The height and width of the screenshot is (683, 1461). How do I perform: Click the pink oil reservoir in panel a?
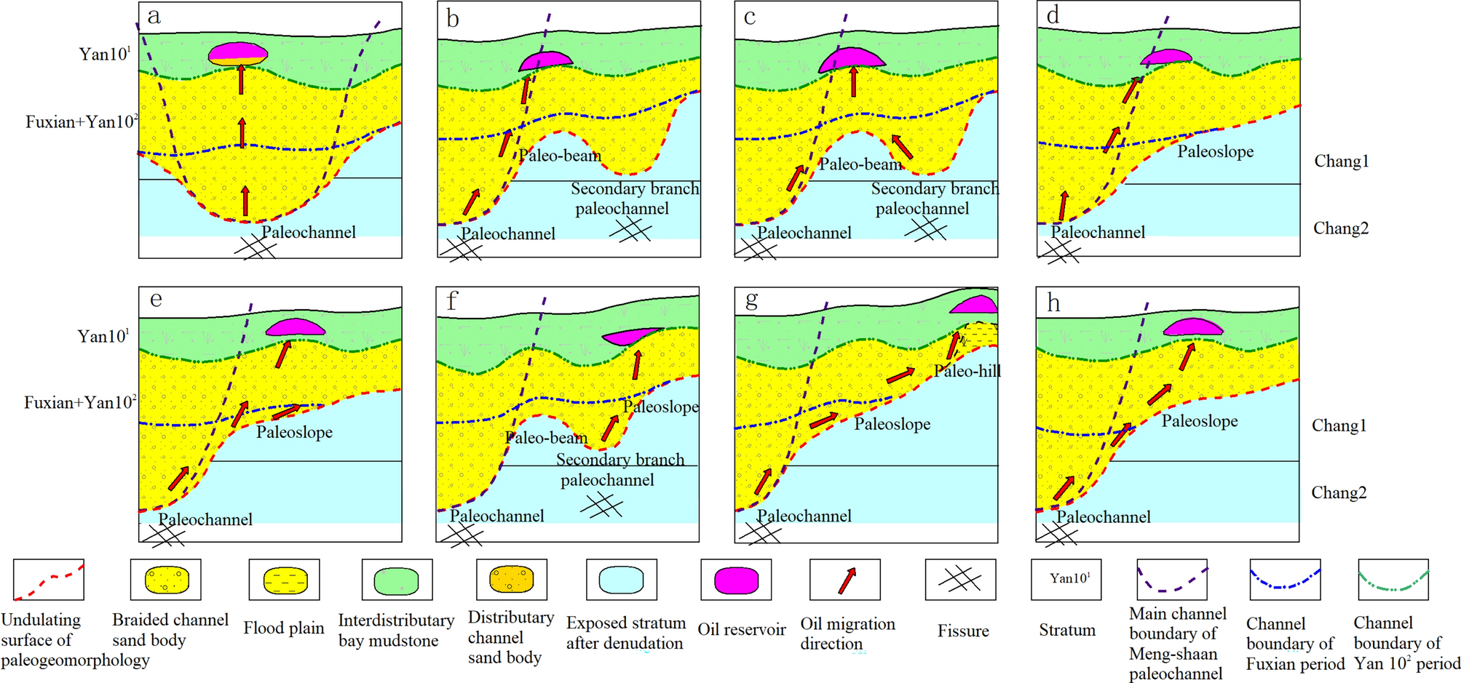pos(238,53)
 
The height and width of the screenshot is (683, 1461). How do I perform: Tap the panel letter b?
pos(453,19)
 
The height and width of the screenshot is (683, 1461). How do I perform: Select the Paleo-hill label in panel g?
pos(967,371)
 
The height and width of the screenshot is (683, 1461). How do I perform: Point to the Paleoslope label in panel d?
pos(1215,151)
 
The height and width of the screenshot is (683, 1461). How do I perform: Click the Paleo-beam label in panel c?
pos(860,164)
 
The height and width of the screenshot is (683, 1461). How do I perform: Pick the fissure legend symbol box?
pos(960,580)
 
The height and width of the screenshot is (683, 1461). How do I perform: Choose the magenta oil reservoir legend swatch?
pos(736,580)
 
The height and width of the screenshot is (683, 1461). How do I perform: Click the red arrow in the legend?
pos(846,580)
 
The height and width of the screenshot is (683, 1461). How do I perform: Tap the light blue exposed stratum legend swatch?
pos(621,580)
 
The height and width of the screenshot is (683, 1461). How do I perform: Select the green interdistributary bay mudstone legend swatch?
pos(397,580)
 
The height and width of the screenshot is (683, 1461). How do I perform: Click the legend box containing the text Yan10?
pos(1066,579)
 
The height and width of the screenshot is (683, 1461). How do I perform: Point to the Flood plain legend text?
pos(283,628)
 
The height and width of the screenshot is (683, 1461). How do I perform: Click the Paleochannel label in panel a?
pos(309,232)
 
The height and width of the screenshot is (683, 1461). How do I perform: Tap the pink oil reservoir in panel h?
pos(1192,327)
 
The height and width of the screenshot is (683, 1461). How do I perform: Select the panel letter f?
pos(452,300)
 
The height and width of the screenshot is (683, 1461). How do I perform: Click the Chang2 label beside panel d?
pos(1340,228)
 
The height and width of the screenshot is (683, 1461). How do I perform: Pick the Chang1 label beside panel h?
pos(1339,426)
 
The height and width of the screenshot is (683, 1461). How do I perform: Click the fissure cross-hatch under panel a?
pos(255,248)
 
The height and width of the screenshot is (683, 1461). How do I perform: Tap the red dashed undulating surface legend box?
pos(49,580)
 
